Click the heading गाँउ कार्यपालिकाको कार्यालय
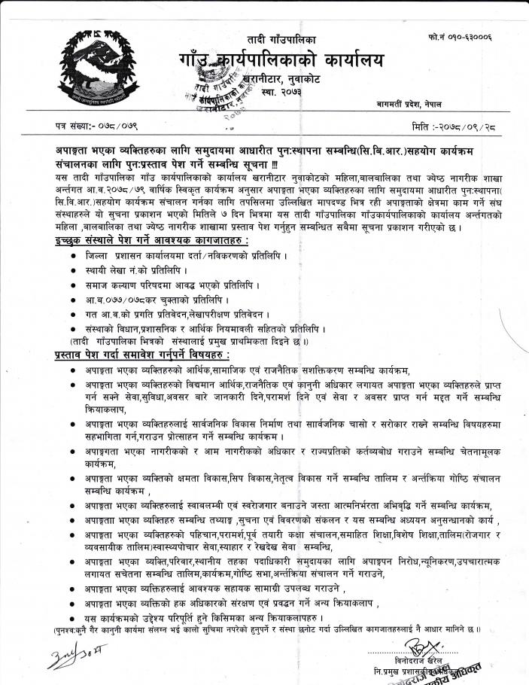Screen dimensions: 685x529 pos(281,60)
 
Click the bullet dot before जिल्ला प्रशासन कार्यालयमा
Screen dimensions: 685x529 pos(70,257)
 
